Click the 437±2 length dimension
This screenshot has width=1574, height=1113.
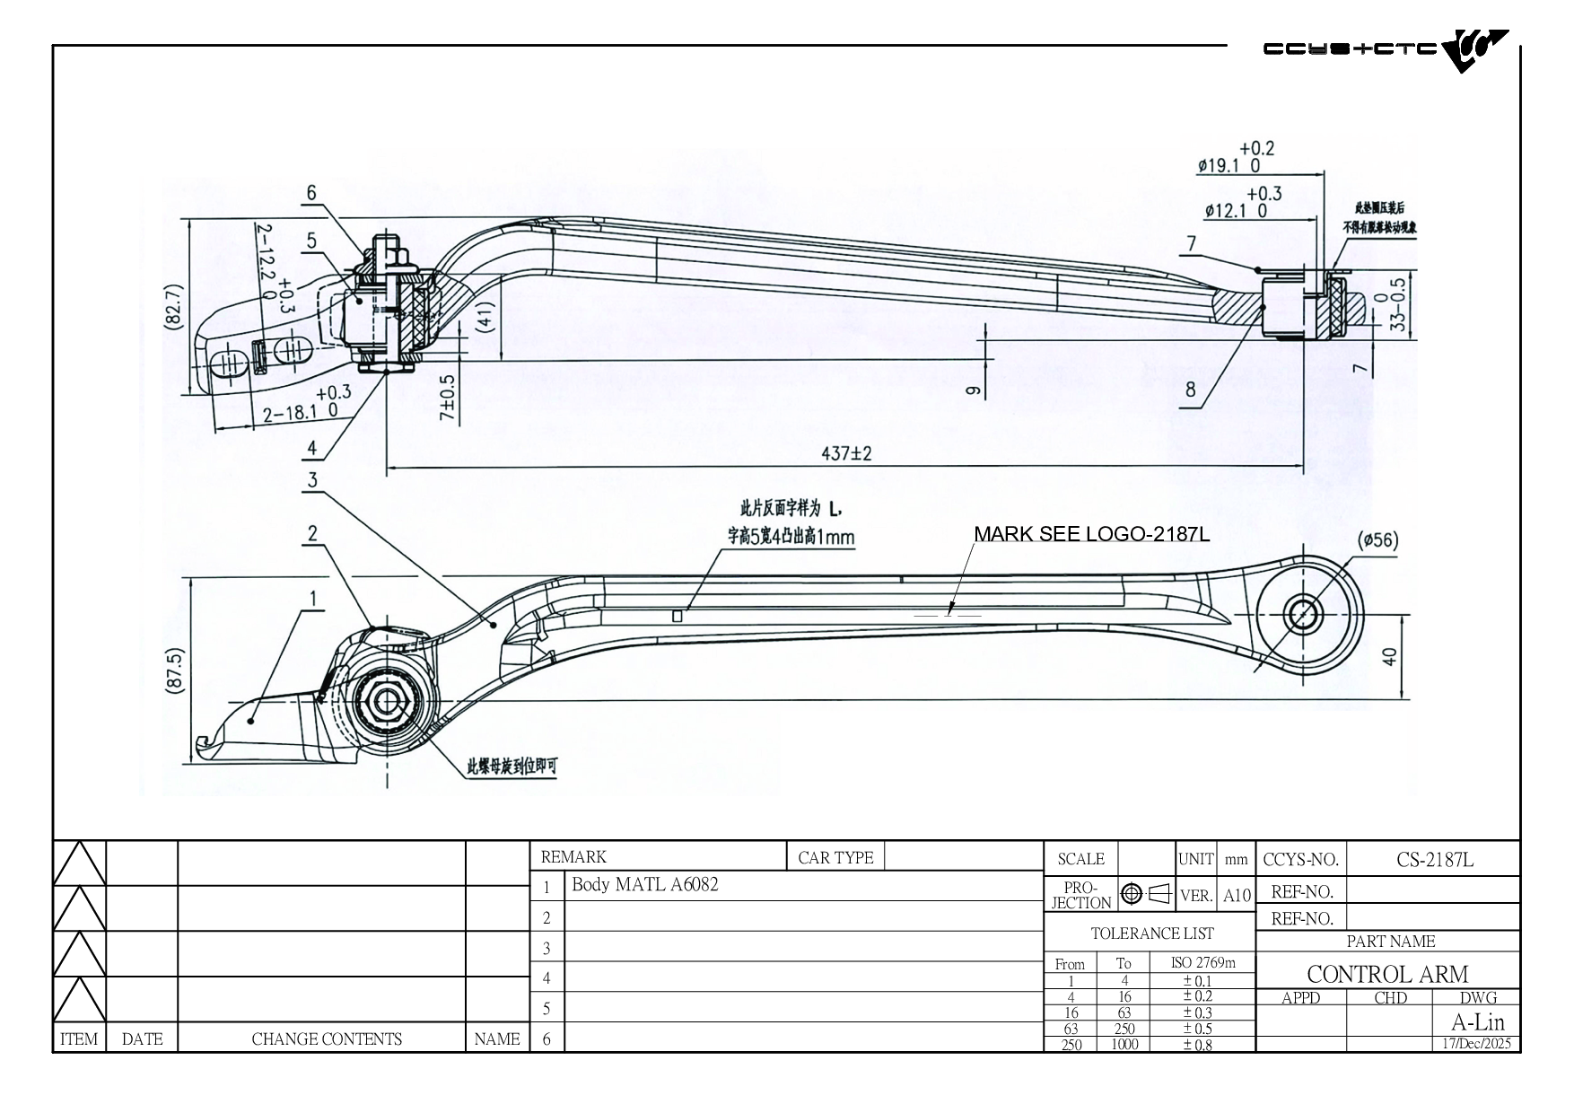click(x=846, y=454)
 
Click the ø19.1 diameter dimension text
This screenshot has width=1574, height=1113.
click(x=1229, y=165)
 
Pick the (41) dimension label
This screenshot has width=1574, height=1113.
click(x=485, y=317)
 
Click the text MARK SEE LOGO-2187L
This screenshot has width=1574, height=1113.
click(x=1091, y=534)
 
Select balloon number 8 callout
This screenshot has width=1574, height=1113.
click(x=1191, y=390)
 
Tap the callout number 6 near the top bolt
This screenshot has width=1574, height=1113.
click(x=311, y=192)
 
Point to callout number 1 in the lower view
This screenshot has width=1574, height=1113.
click(x=312, y=598)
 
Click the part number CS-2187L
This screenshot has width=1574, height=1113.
click(x=1434, y=859)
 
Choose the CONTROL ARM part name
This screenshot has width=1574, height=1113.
click(x=1387, y=974)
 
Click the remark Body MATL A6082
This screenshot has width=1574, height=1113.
click(x=645, y=884)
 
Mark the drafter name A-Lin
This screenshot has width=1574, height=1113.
click(x=1477, y=1021)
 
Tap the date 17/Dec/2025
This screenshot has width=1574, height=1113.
click(x=1476, y=1043)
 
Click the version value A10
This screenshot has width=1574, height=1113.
click(x=1237, y=896)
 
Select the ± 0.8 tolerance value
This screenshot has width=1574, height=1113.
click(x=1197, y=1044)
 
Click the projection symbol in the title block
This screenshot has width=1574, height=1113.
click(x=1146, y=894)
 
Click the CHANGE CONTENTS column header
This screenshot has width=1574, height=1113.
click(x=327, y=1039)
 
